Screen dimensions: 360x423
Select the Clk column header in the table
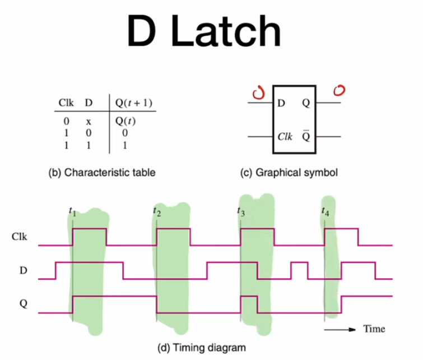click(66, 103)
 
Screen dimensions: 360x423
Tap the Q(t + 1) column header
click(133, 103)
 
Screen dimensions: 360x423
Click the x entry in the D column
click(89, 121)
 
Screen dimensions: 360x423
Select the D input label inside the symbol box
click(281, 103)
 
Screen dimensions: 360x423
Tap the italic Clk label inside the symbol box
click(285, 136)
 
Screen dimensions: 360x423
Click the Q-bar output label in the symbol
click(306, 136)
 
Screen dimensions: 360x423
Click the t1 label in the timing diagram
click(72, 211)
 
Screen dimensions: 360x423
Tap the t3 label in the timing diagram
click(241, 211)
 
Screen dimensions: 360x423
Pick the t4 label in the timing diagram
click(325, 211)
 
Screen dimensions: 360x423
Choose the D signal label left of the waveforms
click(23, 270)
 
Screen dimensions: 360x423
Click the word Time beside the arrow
click(374, 329)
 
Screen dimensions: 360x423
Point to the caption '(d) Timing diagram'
click(201, 348)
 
